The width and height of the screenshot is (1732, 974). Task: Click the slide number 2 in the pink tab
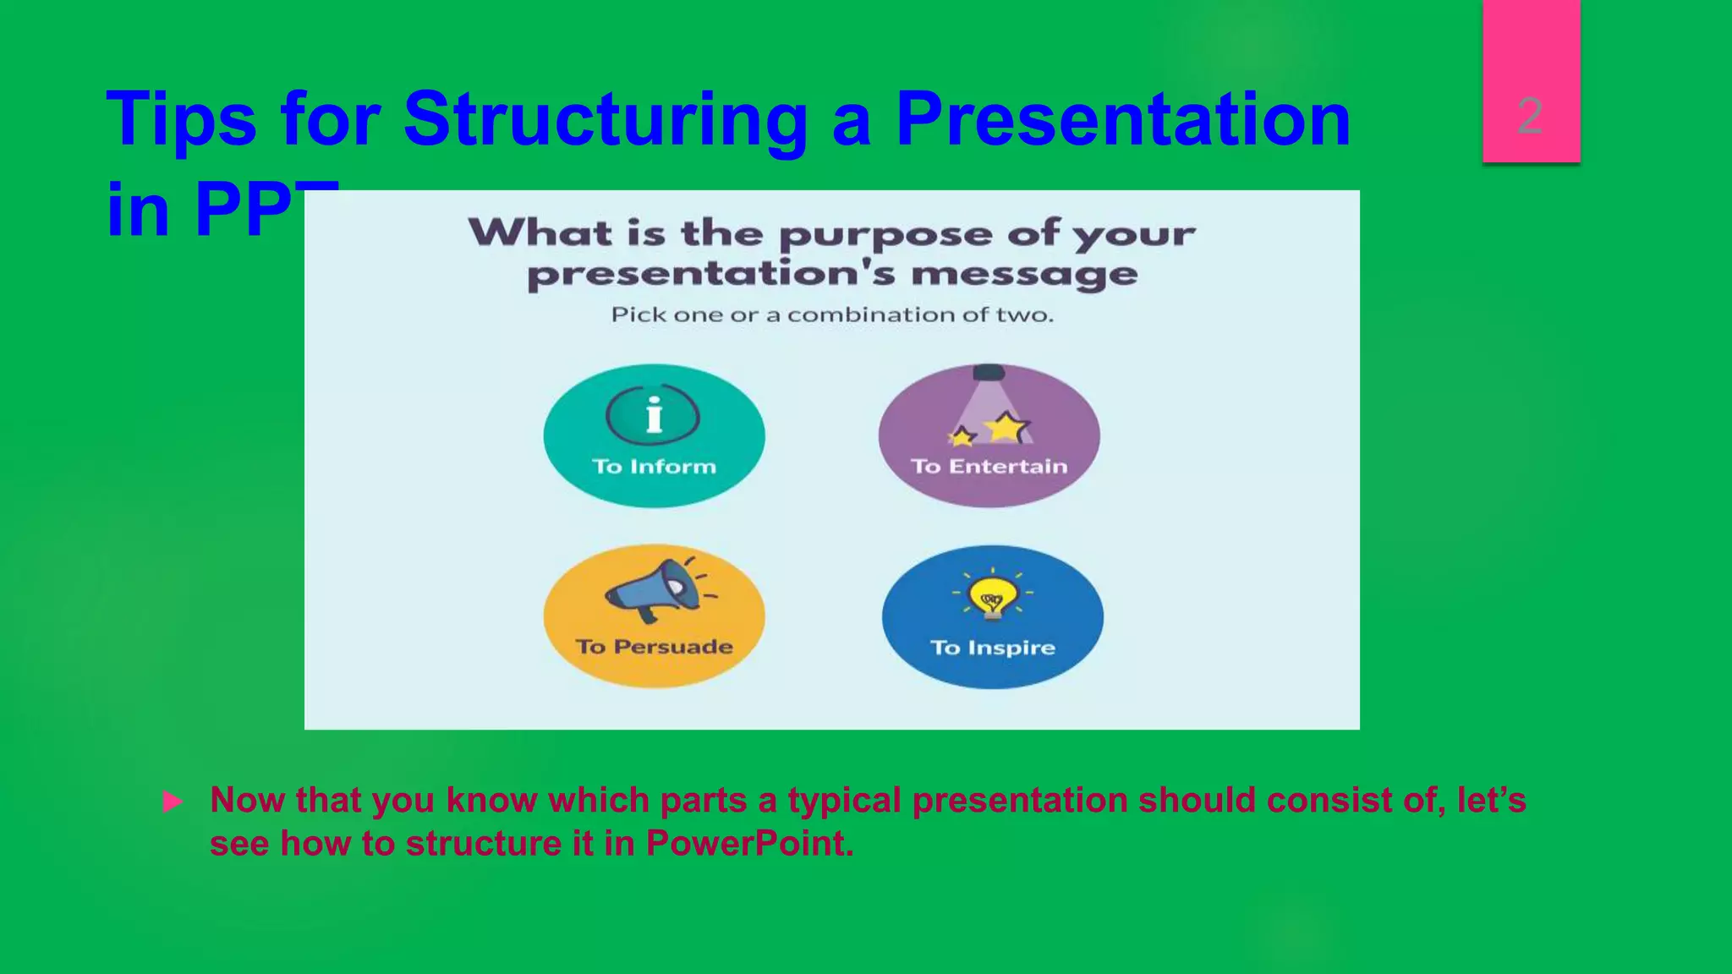tap(1529, 116)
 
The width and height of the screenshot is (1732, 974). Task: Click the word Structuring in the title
tap(606, 120)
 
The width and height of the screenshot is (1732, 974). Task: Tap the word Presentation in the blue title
tap(1122, 120)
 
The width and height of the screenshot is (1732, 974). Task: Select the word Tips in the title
tap(181, 120)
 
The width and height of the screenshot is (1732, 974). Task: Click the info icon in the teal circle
tap(653, 415)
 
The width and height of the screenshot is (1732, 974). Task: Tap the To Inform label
tap(654, 467)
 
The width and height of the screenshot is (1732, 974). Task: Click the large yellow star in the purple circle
tap(1006, 427)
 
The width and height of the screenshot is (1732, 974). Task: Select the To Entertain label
tap(989, 467)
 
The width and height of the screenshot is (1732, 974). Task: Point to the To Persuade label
tap(654, 647)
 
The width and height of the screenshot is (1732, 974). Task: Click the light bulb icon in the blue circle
tap(992, 596)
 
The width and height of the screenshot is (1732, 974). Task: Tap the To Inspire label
tap(993, 648)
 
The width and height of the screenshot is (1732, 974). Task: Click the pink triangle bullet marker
tap(173, 802)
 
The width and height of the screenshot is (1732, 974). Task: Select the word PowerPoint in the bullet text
tap(749, 844)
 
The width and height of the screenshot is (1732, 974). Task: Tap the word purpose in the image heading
tap(885, 234)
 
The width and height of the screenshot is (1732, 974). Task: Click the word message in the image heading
tap(1024, 275)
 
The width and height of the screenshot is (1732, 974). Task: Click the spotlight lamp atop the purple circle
tap(989, 373)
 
